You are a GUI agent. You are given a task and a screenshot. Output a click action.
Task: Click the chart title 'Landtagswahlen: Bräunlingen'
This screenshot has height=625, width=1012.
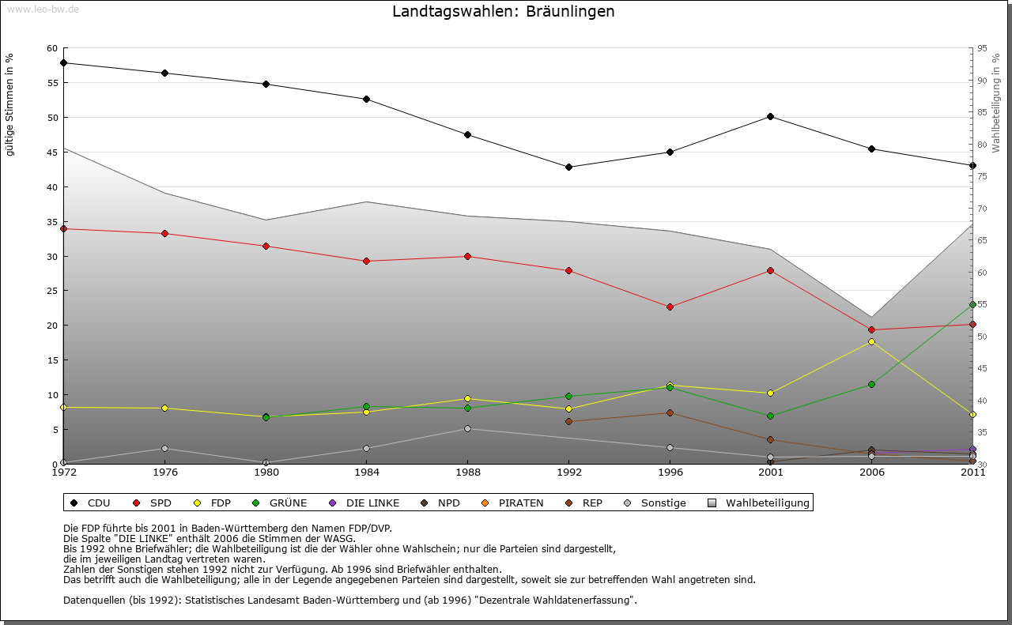[503, 12]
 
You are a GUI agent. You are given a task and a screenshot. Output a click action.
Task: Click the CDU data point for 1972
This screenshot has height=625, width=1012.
[63, 63]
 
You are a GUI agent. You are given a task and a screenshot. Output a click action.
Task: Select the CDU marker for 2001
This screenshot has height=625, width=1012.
[770, 117]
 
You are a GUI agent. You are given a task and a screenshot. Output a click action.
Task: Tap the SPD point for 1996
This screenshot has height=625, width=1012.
[670, 307]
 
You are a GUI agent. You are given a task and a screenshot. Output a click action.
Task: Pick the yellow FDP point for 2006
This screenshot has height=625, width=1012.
[871, 341]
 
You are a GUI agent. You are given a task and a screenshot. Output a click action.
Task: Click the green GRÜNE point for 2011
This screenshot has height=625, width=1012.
[972, 304]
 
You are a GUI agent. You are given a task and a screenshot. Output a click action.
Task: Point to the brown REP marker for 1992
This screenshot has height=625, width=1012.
[568, 422]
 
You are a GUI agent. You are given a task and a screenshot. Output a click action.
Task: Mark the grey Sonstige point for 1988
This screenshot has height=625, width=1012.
[467, 428]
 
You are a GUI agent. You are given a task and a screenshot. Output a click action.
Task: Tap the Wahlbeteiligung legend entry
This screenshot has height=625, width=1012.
[759, 503]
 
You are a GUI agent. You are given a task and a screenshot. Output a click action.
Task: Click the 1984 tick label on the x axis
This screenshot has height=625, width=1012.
[367, 473]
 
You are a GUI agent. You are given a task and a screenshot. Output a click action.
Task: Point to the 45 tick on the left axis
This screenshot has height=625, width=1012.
[52, 152]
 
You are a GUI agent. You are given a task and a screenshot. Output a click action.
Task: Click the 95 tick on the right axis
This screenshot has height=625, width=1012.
[982, 49]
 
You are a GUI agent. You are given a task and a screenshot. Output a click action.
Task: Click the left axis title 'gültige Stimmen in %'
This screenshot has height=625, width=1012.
[10, 104]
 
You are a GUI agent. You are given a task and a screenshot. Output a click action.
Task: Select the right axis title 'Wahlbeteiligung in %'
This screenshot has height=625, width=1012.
[996, 103]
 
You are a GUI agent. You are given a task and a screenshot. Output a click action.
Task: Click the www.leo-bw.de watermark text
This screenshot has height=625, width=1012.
[43, 9]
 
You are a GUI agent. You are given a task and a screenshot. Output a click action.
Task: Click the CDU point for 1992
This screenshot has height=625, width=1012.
[568, 167]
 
